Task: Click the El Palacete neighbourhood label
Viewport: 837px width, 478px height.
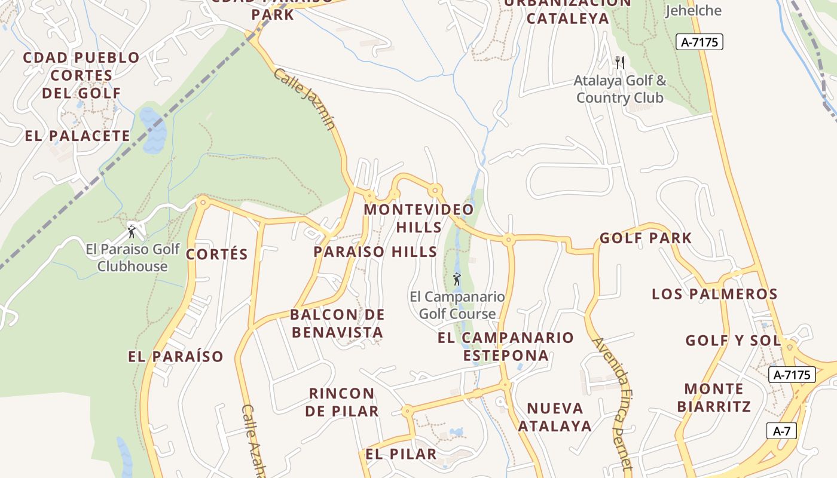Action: [x=78, y=136]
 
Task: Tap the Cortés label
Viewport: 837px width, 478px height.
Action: [x=216, y=254]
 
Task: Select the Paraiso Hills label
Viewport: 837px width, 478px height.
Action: [x=375, y=252]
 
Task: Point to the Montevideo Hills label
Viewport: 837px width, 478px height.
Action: [x=418, y=218]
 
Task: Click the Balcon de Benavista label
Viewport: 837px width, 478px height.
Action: [x=337, y=323]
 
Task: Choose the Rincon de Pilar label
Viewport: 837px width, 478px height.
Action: [x=342, y=402]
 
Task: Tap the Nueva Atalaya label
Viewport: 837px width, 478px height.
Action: [x=555, y=416]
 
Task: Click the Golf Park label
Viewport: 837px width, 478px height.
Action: [x=646, y=238]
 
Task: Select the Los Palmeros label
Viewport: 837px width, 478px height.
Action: [x=714, y=294]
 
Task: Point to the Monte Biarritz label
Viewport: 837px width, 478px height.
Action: [x=714, y=397]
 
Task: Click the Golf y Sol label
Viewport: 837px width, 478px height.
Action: [x=733, y=341]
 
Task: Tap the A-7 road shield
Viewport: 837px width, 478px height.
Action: [x=781, y=431]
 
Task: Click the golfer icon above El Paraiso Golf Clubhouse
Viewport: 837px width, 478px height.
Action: [x=132, y=231]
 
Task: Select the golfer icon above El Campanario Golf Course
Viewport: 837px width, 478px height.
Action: [x=457, y=278]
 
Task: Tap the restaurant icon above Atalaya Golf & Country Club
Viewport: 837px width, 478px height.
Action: [x=620, y=62]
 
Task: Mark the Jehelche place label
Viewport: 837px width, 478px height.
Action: [x=693, y=10]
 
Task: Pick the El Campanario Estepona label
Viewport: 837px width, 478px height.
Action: [x=506, y=346]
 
